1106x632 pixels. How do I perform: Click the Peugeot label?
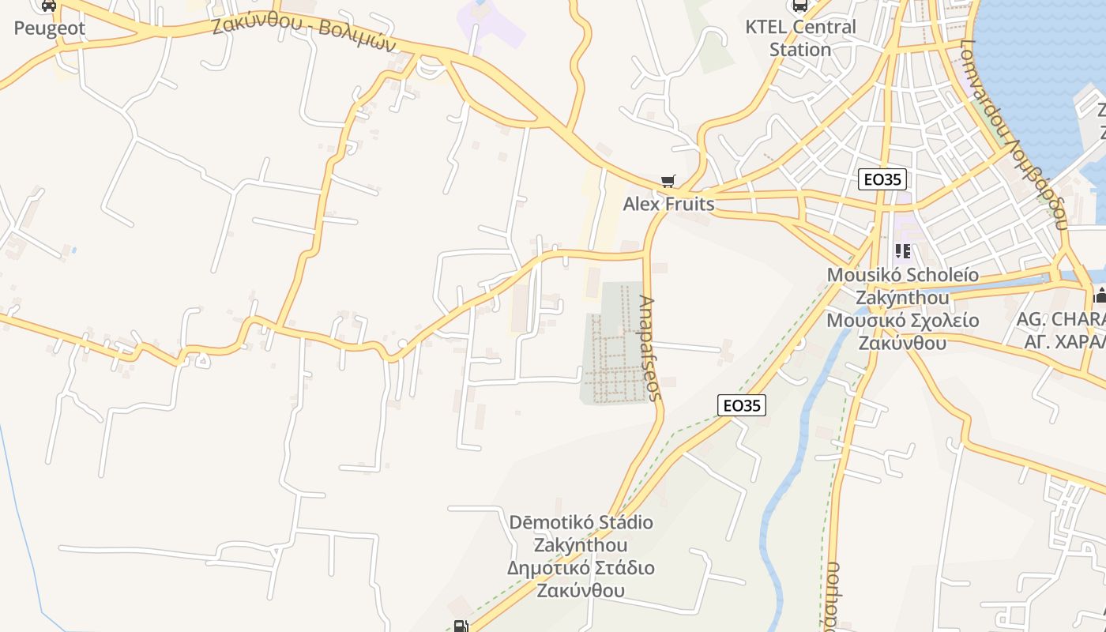(x=49, y=29)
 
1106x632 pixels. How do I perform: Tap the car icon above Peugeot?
(x=49, y=6)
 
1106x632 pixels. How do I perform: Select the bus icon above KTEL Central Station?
(x=800, y=6)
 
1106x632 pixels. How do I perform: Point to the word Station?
(x=800, y=49)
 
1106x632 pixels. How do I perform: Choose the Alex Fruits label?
(x=668, y=205)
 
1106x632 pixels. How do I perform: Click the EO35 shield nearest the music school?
(x=882, y=179)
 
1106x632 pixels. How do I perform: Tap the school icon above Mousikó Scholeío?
(x=902, y=252)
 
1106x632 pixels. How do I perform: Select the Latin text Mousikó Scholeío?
(x=902, y=276)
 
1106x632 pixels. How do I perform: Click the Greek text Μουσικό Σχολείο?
(x=902, y=321)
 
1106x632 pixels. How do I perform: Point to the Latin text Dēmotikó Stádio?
(x=581, y=522)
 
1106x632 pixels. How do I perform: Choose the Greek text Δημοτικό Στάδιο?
(x=581, y=568)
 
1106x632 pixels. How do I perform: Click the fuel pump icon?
(x=461, y=626)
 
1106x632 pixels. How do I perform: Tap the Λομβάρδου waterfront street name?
(x=1014, y=134)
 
